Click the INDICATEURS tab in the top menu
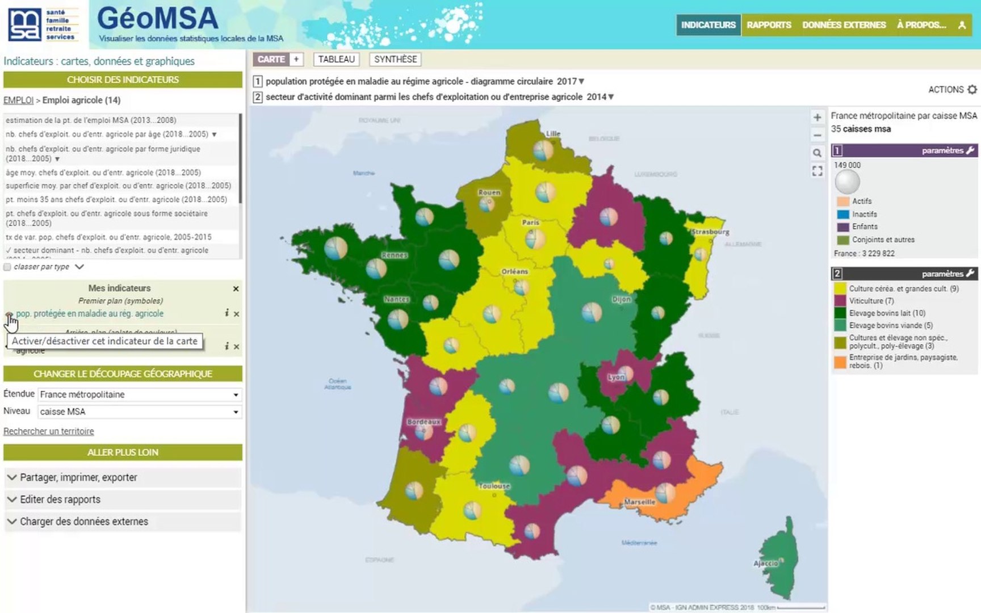pos(708,25)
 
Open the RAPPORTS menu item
pos(769,25)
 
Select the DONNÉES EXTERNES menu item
pos(844,25)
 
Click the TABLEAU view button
pos(336,59)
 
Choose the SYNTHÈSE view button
pos(395,59)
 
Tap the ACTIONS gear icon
pos(972,90)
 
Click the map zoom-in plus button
pos(817,117)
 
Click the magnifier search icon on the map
pos(817,153)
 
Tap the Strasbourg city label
pos(710,232)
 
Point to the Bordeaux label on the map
pos(424,422)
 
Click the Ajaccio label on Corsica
pos(765,563)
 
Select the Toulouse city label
pos(494,486)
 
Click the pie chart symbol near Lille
pos(543,150)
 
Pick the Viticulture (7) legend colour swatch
pos(840,301)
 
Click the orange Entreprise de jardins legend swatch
pos(840,362)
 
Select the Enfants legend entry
pos(864,226)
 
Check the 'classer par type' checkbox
pos(7,267)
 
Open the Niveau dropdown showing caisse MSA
pos(140,412)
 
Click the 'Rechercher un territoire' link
pos(49,431)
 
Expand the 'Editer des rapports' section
pos(60,499)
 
